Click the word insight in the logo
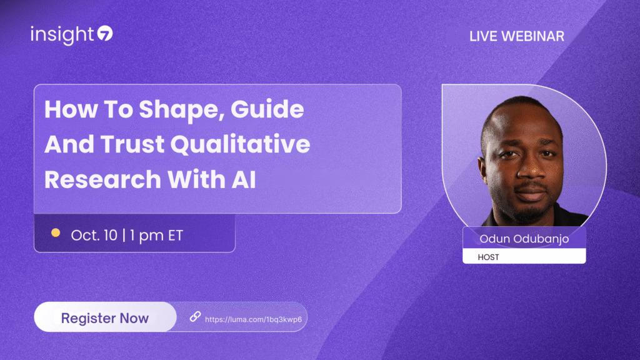62,35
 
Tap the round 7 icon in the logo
105,34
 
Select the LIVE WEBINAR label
517,36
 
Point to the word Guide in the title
267,109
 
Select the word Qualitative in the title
241,144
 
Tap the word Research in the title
103,179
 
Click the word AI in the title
244,179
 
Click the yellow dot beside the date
56,232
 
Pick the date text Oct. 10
94,235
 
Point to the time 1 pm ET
157,236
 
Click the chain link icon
195,316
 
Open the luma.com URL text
254,319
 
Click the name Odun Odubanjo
524,239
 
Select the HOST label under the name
488,257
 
